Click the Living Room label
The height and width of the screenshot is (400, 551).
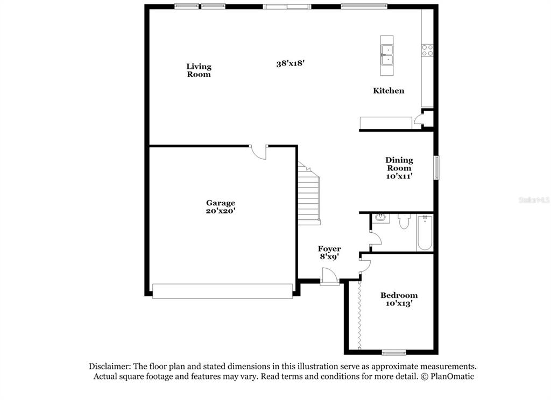pos(199,70)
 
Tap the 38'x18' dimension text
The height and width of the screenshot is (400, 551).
pos(290,63)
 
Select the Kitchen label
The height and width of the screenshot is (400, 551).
pos(388,91)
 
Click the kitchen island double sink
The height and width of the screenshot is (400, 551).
pos(387,55)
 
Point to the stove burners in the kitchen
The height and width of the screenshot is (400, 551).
pos(427,50)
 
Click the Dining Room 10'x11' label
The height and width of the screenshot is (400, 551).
pos(399,168)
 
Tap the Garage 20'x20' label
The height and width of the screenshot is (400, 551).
pos(221,207)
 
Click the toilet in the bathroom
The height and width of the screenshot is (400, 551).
pos(404,222)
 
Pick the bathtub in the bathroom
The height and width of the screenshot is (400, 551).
pos(425,233)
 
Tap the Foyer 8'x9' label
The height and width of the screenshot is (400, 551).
pos(329,253)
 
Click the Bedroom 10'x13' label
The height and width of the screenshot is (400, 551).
pos(399,299)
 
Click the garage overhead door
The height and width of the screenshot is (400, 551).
pos(222,291)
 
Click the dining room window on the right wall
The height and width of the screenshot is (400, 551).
pos(437,168)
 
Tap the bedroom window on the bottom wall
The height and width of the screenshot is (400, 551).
pos(394,353)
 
